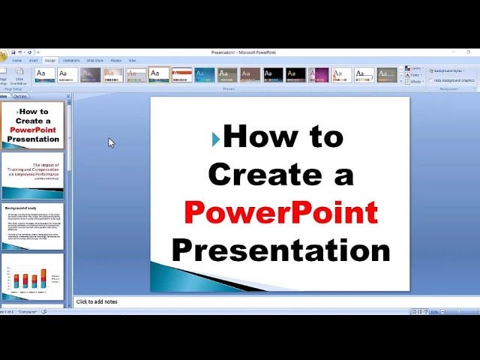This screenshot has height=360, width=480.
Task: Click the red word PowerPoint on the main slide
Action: pyautogui.click(x=280, y=212)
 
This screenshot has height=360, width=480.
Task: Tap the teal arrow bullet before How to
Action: pyautogui.click(x=216, y=138)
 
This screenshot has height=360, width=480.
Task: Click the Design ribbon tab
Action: pyautogui.click(x=50, y=60)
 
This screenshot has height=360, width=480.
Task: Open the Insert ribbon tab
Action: pyautogui.click(x=34, y=60)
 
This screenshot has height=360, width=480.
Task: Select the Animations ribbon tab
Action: pyautogui.click(x=71, y=60)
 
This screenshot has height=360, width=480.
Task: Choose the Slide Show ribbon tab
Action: pyautogui.click(x=94, y=60)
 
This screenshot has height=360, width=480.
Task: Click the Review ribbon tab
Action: pyautogui.click(x=115, y=60)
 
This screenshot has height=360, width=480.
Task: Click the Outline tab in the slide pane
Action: pyautogui.click(x=20, y=96)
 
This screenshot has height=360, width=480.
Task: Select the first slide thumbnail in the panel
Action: pyautogui.click(x=32, y=125)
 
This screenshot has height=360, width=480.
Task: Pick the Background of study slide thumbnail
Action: pyautogui.click(x=32, y=225)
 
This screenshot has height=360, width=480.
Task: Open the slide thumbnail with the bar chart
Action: pyautogui.click(x=32, y=277)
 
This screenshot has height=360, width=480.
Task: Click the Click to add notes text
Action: pyautogui.click(x=97, y=301)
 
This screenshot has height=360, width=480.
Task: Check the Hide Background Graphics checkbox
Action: pyautogui.click(x=430, y=79)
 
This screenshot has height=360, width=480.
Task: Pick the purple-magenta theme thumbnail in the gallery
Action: pyautogui.click(x=319, y=74)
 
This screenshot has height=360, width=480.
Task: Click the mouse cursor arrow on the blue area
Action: pyautogui.click(x=111, y=142)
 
